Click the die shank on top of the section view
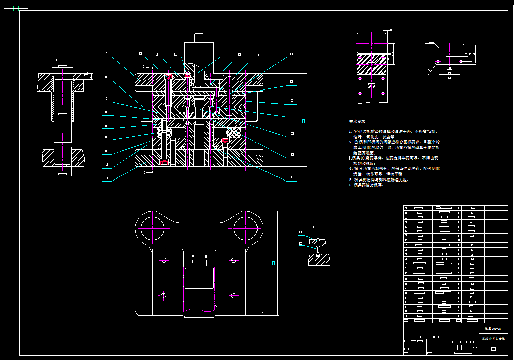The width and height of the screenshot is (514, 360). pos(199,48)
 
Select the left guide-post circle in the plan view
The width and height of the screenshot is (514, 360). pos(151,228)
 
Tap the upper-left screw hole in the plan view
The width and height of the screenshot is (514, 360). pos(164,260)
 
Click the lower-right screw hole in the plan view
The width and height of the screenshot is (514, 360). pos(233,295)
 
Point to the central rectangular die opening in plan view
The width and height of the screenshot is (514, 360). pos(199,278)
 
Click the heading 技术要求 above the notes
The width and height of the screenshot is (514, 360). pos(357,122)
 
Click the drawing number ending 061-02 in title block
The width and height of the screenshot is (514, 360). pos(492,328)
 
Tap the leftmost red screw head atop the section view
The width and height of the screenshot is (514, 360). pos(168,76)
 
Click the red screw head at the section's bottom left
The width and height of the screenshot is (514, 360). pos(164,162)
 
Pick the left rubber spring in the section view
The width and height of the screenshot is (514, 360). pos(164,133)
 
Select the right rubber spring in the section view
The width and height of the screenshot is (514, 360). pos(233,133)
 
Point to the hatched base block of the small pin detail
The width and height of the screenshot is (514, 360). pos(319,260)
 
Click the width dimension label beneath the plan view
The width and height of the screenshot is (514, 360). pos(201,329)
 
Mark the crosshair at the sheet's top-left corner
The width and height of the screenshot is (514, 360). pos(15,8)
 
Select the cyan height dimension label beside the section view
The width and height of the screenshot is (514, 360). pos(303,121)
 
